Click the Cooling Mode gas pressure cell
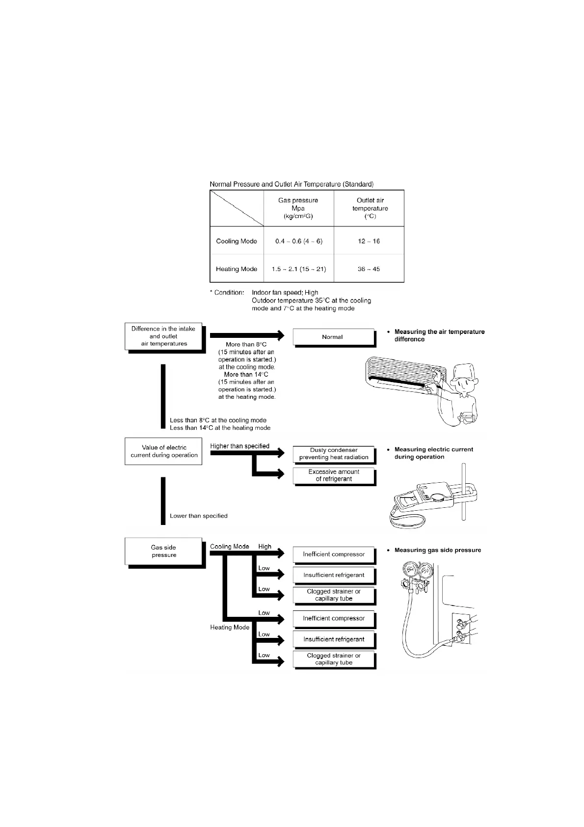click(298, 241)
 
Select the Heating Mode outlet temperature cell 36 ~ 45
click(369, 269)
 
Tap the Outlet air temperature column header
click(370, 208)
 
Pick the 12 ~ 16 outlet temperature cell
click(369, 241)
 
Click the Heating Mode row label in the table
click(237, 269)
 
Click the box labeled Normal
click(333, 337)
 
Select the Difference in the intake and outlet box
click(163, 336)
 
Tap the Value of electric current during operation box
click(163, 451)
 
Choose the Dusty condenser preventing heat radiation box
click(333, 454)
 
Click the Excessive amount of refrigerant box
click(333, 475)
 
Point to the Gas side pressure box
click(163, 551)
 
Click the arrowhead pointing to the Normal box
click(280, 335)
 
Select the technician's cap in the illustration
click(464, 372)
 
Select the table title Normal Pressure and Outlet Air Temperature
click(292, 184)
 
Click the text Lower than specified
click(198, 516)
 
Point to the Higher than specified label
click(239, 446)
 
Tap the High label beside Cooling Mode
click(265, 547)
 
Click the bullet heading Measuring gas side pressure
click(437, 551)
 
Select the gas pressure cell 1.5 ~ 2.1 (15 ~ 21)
click(298, 269)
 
